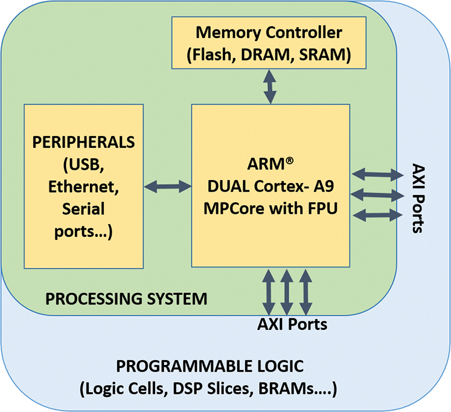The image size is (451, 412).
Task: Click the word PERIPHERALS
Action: coord(84,143)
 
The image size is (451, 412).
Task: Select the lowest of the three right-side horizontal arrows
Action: coord(377,214)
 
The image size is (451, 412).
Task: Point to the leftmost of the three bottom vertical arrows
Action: coord(268,290)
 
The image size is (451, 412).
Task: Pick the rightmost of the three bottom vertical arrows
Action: coord(306,290)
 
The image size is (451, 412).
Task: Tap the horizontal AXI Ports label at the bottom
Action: coord(292,324)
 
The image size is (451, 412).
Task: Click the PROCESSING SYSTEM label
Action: coord(127,298)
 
